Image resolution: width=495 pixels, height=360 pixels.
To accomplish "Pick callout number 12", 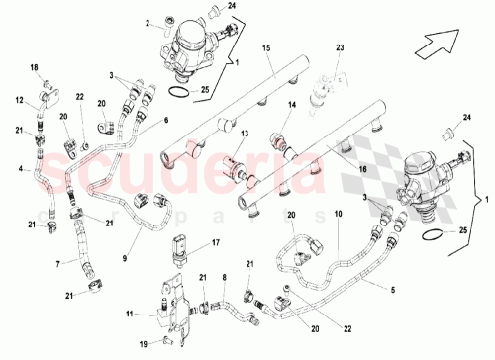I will tap(18, 99).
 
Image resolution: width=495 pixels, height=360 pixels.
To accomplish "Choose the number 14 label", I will tap(291, 104).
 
